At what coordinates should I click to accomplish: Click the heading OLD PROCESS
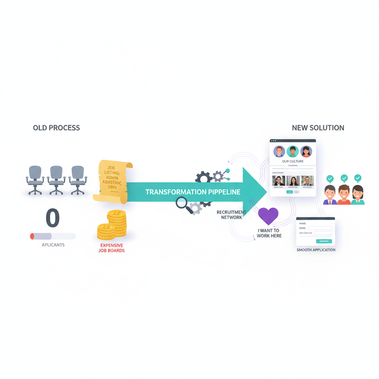click(x=56, y=128)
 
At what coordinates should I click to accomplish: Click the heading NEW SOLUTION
click(x=318, y=128)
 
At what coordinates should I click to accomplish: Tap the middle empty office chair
click(x=56, y=179)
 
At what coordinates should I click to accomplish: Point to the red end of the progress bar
click(x=32, y=236)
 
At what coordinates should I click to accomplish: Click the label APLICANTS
click(x=53, y=245)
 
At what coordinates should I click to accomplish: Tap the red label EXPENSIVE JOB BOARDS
click(x=112, y=248)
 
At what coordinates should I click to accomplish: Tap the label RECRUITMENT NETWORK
click(x=231, y=215)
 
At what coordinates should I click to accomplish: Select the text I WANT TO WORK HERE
click(x=269, y=233)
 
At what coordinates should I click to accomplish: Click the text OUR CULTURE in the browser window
click(x=293, y=162)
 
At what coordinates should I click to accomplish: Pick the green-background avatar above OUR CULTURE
click(x=293, y=152)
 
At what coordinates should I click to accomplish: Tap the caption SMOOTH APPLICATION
click(x=316, y=250)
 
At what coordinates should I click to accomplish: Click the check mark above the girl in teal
click(x=358, y=179)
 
